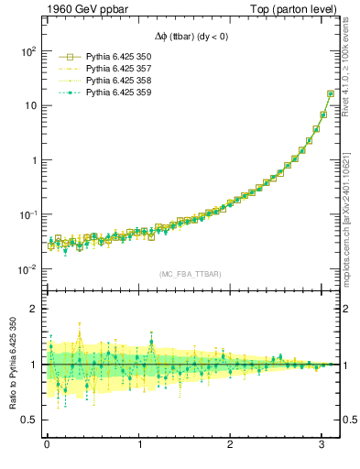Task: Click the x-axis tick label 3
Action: (x=322, y=446)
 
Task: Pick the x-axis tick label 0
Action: (x=47, y=446)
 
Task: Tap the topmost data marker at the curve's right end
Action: (x=331, y=93)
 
